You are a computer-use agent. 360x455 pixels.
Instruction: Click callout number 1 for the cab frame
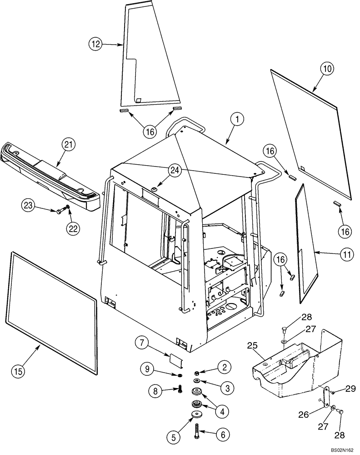(x=237, y=120)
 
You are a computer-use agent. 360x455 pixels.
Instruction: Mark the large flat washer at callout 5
(x=198, y=414)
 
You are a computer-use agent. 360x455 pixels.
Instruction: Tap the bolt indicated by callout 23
(x=60, y=210)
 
